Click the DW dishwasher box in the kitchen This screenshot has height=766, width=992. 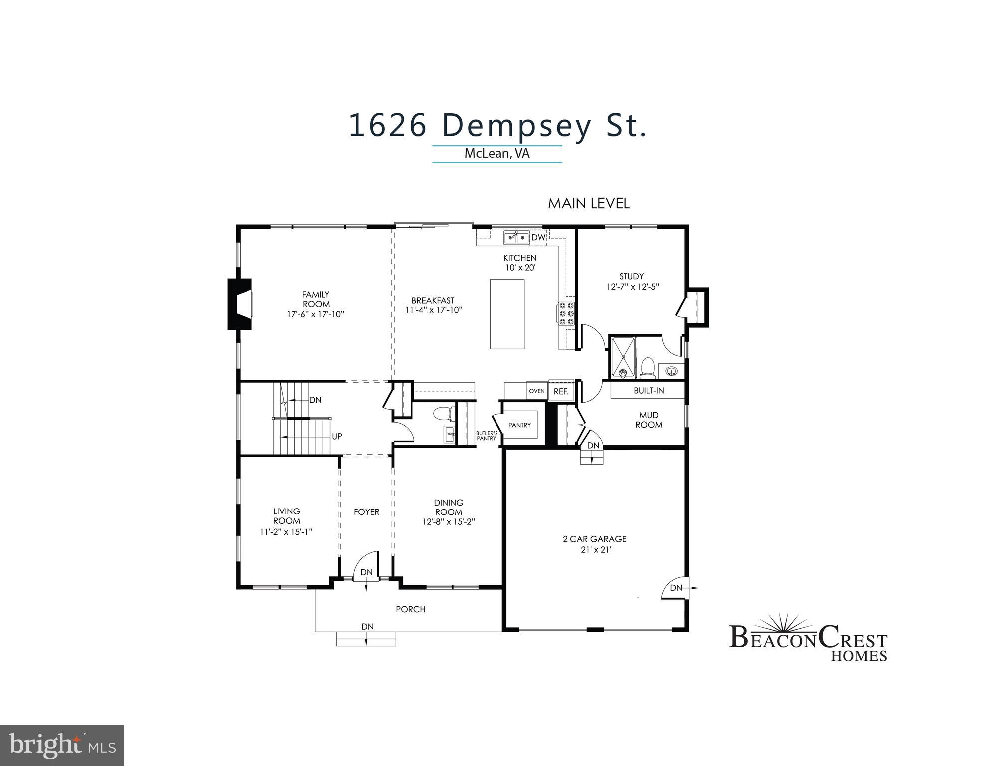538,238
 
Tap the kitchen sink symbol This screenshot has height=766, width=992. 516,238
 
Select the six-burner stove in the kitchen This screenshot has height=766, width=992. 566,313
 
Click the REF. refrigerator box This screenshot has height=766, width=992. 561,392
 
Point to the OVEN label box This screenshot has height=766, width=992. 537,391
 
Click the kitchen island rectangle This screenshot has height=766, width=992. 507,314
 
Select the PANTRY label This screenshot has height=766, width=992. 519,425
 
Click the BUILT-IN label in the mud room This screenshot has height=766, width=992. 649,391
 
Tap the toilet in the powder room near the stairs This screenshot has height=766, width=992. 442,414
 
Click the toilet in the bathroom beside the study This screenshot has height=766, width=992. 648,367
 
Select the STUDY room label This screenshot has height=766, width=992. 631,276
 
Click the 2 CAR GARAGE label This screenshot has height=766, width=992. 594,539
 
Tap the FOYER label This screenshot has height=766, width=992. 366,512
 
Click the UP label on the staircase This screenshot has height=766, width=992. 337,436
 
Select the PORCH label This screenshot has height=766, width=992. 410,609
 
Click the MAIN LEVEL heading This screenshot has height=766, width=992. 588,204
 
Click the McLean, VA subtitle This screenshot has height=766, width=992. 497,153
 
